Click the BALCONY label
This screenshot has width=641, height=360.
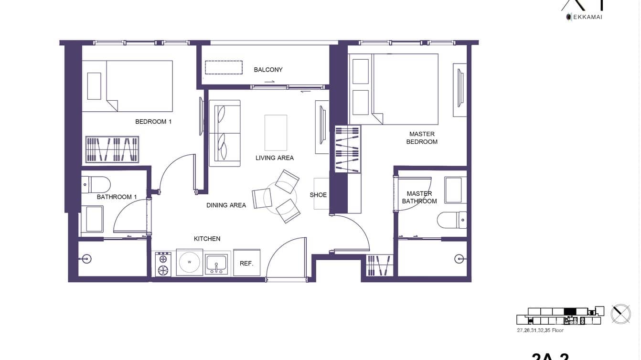(x=268, y=70)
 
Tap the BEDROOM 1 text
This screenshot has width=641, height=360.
(x=153, y=122)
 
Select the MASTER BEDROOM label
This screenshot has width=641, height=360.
(x=422, y=138)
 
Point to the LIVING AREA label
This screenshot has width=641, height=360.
(x=275, y=158)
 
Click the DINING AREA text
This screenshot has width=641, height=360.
(x=226, y=205)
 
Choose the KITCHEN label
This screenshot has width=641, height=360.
(x=207, y=239)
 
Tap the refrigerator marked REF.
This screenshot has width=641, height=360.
(x=246, y=263)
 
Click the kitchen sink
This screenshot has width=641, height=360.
(x=216, y=264)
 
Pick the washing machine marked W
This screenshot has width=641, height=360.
(x=190, y=262)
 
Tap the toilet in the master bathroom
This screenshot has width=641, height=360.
(x=451, y=220)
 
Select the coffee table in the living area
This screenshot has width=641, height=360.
(x=276, y=133)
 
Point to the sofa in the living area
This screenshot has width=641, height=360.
(x=224, y=133)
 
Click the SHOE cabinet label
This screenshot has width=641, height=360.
(x=318, y=195)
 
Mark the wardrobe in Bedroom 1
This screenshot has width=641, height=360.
(x=112, y=149)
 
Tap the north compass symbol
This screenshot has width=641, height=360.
(x=620, y=314)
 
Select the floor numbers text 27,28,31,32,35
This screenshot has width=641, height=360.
(x=540, y=330)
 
